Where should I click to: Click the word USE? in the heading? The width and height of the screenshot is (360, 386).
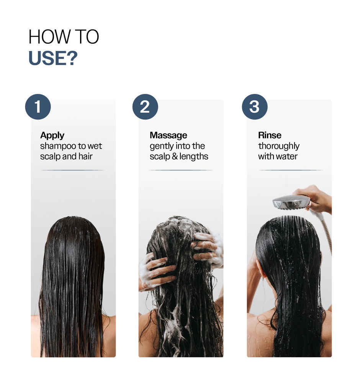[53, 57]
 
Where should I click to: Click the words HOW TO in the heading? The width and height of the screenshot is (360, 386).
[64, 37]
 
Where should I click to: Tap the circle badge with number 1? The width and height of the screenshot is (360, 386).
[38, 107]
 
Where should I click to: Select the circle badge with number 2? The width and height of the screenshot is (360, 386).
[145, 107]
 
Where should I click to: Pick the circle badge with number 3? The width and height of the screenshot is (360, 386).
[254, 107]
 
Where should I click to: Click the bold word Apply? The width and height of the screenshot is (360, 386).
[52, 135]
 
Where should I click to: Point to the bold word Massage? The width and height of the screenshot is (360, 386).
[168, 135]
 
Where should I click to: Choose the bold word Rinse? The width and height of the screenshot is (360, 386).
[270, 135]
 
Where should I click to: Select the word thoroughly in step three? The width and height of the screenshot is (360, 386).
[278, 146]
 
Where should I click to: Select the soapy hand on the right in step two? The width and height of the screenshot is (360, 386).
[209, 248]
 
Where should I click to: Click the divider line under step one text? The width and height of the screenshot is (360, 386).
[72, 170]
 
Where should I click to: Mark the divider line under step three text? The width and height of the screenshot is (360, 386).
[291, 170]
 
